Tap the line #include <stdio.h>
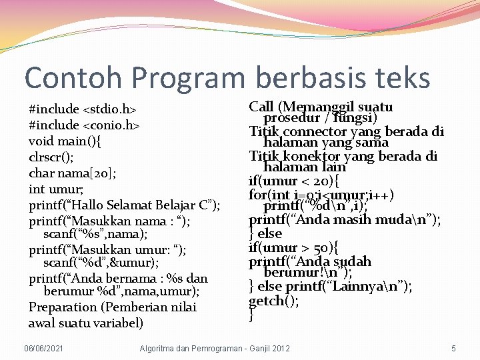[83, 109]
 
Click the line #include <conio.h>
[84, 125]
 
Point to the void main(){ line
[65, 141]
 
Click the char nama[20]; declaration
[71, 173]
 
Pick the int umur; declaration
[56, 189]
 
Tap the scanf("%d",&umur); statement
[101, 263]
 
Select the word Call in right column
[261, 107]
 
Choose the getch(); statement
[273, 301]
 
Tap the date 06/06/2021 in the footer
[43, 349]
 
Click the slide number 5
[453, 349]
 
